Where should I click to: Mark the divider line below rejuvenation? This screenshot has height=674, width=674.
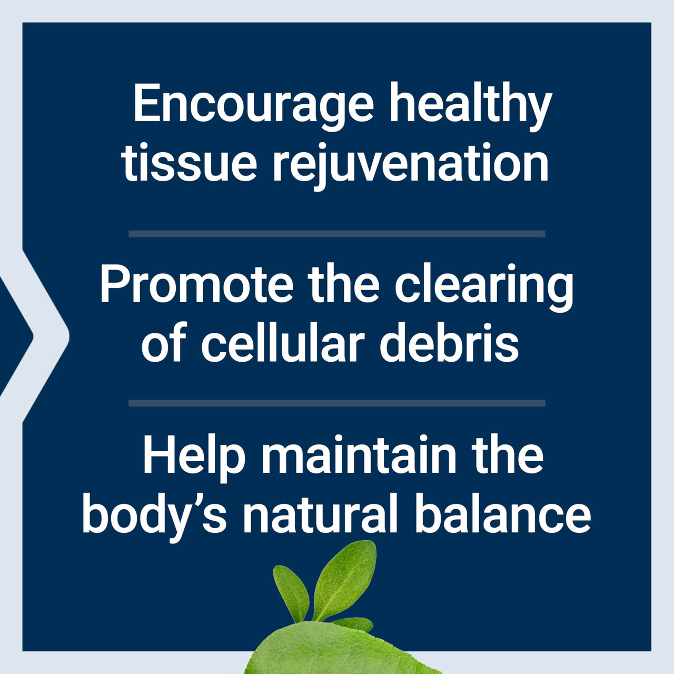coord(337,234)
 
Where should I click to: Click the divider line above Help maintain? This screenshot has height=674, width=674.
coord(337,403)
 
